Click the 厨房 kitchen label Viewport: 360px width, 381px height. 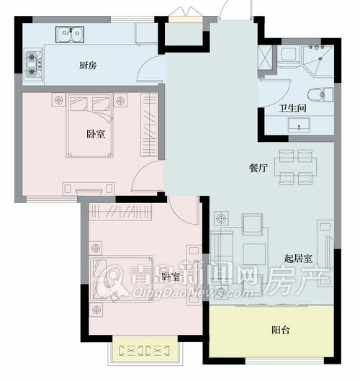click(x=88, y=66)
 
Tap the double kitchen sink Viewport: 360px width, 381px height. click(x=70, y=35)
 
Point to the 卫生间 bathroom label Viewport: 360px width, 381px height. click(x=292, y=108)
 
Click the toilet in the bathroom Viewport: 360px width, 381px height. click(x=320, y=94)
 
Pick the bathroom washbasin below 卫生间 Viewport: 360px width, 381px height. click(x=299, y=125)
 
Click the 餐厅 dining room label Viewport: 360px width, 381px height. click(x=258, y=168)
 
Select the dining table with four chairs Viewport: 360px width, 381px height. click(x=296, y=167)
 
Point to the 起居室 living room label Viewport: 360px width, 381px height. click(x=298, y=259)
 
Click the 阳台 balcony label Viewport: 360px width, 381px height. click(x=281, y=330)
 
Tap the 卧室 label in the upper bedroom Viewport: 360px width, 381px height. click(x=96, y=134)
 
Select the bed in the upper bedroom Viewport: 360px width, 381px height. click(x=89, y=125)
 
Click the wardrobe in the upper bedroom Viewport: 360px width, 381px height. click(x=149, y=125)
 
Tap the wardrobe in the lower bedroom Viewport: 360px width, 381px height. click(x=120, y=212)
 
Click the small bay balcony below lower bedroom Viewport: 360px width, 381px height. click(x=145, y=350)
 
